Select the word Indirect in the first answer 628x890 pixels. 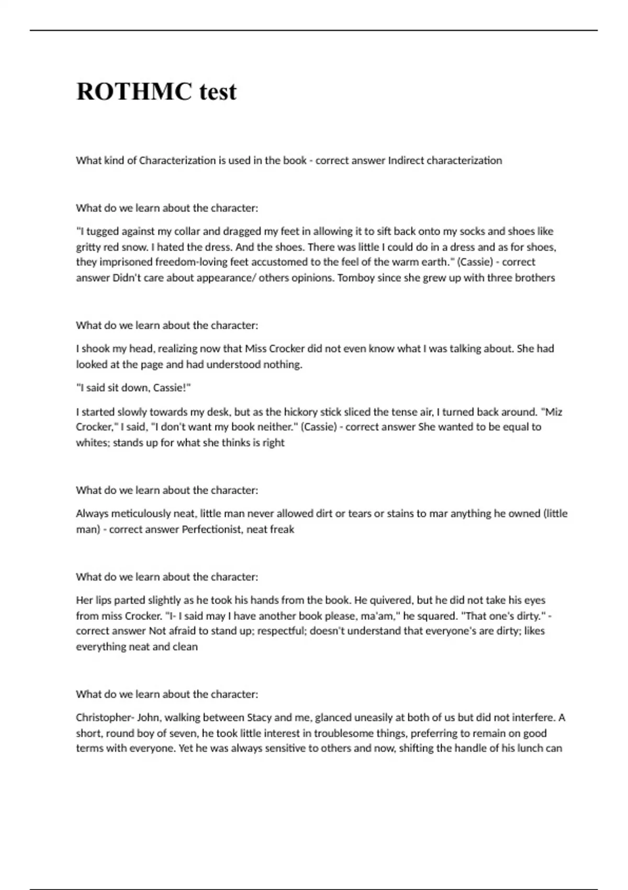point(406,161)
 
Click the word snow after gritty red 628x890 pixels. point(135,247)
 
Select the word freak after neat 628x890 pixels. point(283,529)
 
